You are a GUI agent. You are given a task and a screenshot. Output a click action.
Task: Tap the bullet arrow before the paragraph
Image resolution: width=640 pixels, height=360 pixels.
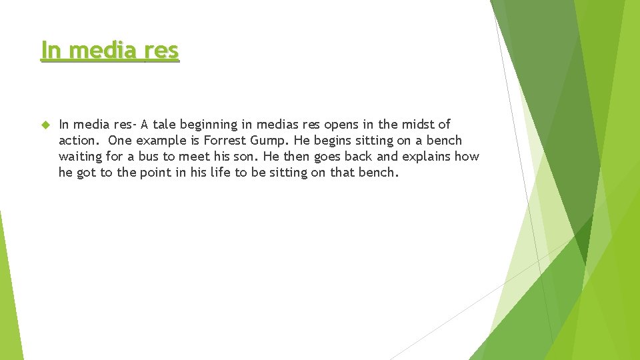pyautogui.click(x=45, y=125)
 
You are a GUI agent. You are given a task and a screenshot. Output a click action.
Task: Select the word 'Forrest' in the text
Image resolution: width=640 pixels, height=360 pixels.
pyautogui.click(x=226, y=140)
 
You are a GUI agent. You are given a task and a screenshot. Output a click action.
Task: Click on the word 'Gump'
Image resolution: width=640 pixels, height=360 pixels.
pyautogui.click(x=269, y=140)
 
